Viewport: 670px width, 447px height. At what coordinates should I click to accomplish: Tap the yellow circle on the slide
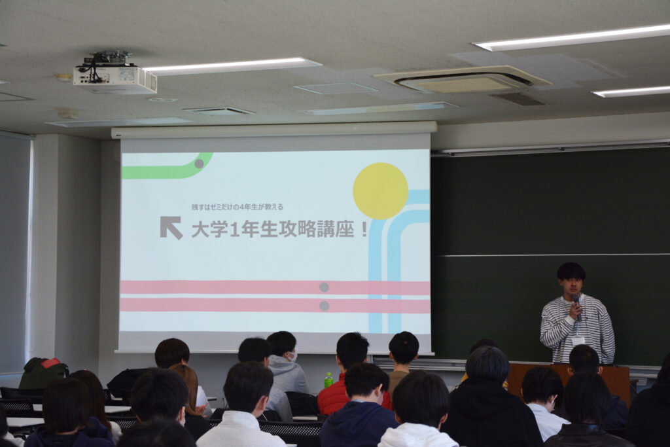pyautogui.click(x=380, y=191)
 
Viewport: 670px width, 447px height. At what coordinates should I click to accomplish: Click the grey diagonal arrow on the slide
pyautogui.click(x=171, y=227)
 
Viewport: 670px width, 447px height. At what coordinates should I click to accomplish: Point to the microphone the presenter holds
pyautogui.click(x=576, y=306)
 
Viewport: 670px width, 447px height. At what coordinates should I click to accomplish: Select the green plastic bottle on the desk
pyautogui.click(x=328, y=380)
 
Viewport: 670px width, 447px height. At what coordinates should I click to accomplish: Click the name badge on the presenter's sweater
pyautogui.click(x=578, y=340)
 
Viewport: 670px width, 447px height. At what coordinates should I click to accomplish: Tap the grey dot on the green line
pyautogui.click(x=199, y=164)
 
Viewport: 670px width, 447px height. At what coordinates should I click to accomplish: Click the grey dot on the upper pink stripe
pyautogui.click(x=325, y=287)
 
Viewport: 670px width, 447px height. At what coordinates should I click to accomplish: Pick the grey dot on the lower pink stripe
pyautogui.click(x=325, y=306)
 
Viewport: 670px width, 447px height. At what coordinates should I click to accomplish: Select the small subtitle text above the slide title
pyautogui.click(x=237, y=207)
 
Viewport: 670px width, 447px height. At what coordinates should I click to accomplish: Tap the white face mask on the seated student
pyautogui.click(x=292, y=356)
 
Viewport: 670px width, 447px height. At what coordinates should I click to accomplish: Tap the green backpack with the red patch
pyautogui.click(x=44, y=372)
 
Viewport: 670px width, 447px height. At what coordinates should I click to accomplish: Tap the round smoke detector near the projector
pyautogui.click(x=68, y=113)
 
